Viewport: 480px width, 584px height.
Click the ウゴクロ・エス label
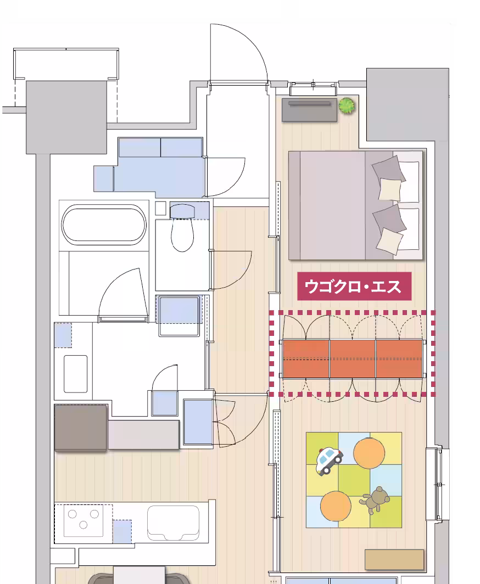[354, 287]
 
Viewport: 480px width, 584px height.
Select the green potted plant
[346, 105]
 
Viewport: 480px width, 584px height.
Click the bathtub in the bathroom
[104, 225]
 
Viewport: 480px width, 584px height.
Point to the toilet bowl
[183, 233]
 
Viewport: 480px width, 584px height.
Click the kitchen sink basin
[172, 523]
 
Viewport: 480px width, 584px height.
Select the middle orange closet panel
[353, 358]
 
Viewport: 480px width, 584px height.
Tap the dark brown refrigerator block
[81, 428]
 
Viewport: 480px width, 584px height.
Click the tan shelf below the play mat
[394, 559]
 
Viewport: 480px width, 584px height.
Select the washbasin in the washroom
[76, 373]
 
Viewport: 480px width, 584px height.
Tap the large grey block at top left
[66, 117]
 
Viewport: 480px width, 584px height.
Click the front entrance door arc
[242, 52]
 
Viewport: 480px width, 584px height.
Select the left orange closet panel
[306, 358]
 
